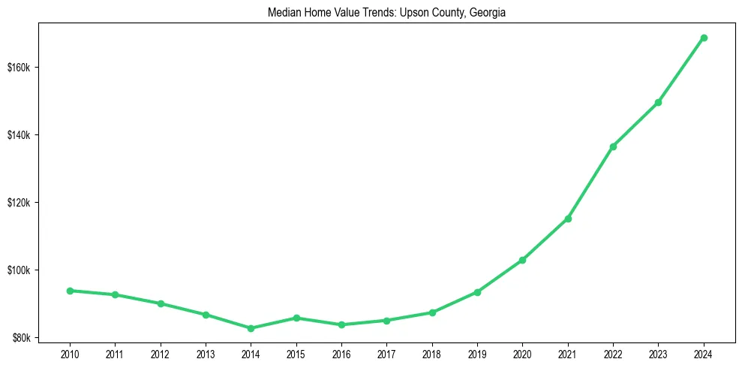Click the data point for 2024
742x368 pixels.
coord(704,38)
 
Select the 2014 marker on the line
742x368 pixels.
coord(251,328)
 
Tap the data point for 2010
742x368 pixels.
coord(70,291)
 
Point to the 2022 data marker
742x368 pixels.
coord(613,146)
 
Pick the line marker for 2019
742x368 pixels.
coord(477,292)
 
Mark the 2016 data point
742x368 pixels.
coord(341,324)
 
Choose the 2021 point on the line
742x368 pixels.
coord(568,219)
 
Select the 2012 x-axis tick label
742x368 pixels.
coord(161,353)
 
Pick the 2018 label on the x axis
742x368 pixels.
coord(432,353)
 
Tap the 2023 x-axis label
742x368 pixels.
coord(659,353)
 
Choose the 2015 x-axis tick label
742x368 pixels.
coord(296,353)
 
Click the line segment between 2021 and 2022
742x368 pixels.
coord(590,182)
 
